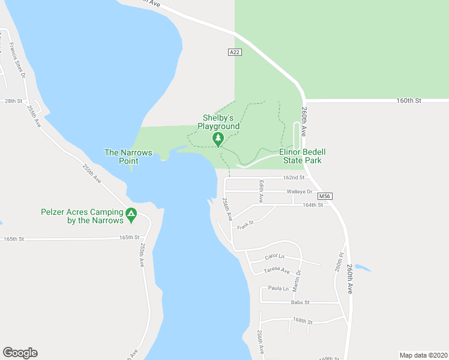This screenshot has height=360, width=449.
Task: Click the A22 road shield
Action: pos(235,53)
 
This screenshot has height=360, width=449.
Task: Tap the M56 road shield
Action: pos(324,196)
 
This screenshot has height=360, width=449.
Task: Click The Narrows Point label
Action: pos(128,157)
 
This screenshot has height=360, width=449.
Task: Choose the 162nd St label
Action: pos(294,178)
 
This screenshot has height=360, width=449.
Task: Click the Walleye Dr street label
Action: pos(300,191)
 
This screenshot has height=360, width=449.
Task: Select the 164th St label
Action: pos(313,205)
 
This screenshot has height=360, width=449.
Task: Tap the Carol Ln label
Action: pos(273,257)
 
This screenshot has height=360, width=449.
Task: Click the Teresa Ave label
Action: pos(277,271)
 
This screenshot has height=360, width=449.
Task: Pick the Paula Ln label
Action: pos(279,289)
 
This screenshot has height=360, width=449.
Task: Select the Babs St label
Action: pos(300,302)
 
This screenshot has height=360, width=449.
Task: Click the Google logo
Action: pos(20,353)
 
